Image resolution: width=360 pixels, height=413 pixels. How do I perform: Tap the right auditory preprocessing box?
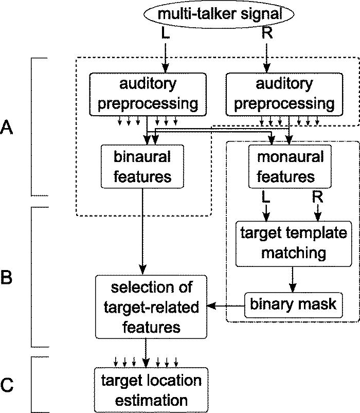(283, 93)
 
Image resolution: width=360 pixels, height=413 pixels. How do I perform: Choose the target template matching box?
(291, 243)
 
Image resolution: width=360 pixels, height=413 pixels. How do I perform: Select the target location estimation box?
(151, 389)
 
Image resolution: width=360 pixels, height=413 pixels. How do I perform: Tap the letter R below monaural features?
(317, 197)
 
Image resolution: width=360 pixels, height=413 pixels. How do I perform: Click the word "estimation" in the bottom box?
(151, 400)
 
